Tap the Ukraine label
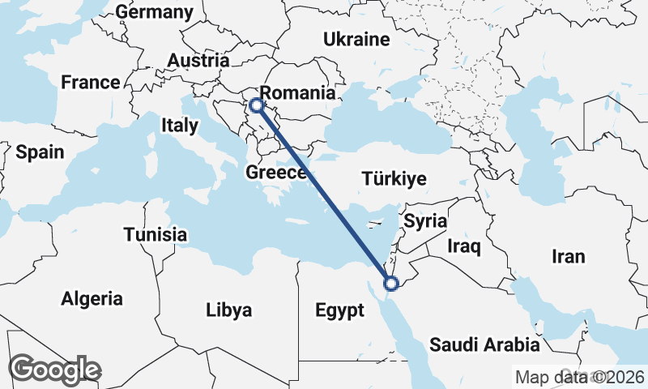[356, 39]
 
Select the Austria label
[198, 61]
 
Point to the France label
[91, 83]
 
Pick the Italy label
[179, 126]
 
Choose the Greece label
[276, 173]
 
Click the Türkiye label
[394, 179]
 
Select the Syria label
[426, 220]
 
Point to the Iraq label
[465, 245]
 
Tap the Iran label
[568, 257]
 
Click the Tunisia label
[156, 235]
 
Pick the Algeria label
[92, 298]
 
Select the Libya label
[228, 310]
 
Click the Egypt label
[339, 311]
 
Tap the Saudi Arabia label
[484, 344]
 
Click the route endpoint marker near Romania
[256, 105]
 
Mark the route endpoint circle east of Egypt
[391, 284]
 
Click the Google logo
[55, 370]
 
